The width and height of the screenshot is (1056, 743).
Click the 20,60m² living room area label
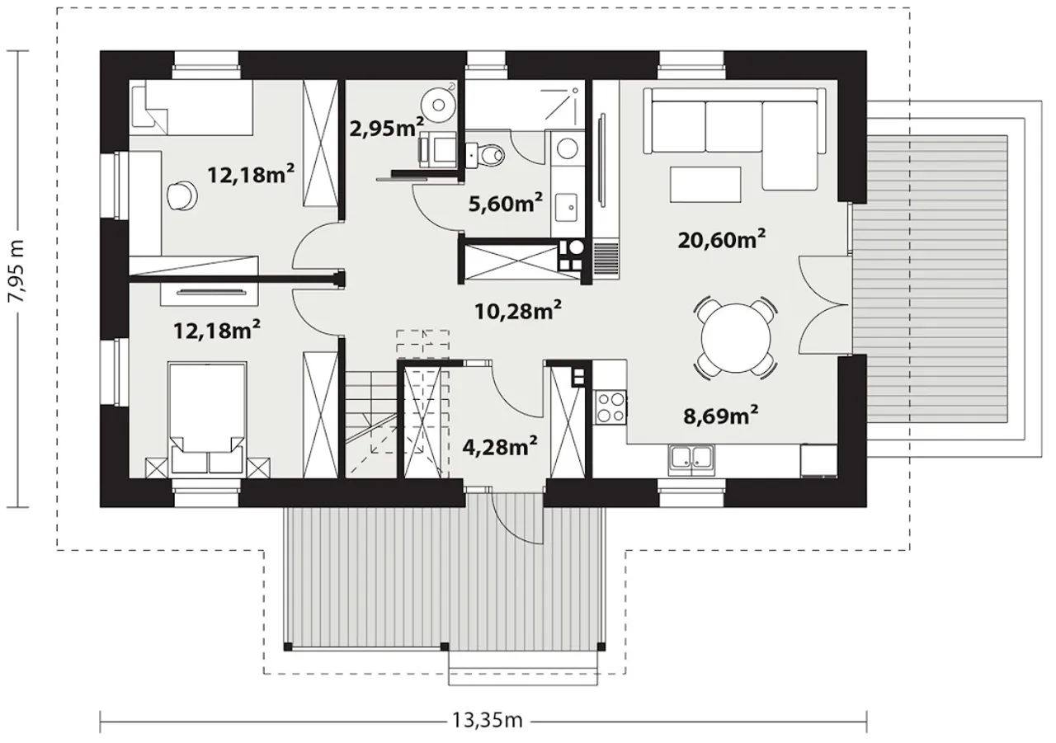(x=721, y=240)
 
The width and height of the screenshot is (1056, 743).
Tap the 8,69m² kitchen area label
(x=721, y=416)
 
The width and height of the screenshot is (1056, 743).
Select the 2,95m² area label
(x=387, y=128)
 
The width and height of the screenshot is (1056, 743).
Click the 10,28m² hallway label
(x=517, y=311)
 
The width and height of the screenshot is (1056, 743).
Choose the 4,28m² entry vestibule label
(x=500, y=446)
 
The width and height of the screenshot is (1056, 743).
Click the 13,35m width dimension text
(x=488, y=720)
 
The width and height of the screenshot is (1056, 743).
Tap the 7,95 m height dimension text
(x=17, y=278)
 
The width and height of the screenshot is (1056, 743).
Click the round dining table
(x=736, y=337)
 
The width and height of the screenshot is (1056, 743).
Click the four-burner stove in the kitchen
(x=610, y=408)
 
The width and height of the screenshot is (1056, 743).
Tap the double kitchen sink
(x=691, y=461)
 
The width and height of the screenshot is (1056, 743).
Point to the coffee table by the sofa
(x=705, y=185)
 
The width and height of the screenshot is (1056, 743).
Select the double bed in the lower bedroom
(x=207, y=417)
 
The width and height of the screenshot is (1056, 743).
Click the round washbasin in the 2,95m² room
(x=438, y=105)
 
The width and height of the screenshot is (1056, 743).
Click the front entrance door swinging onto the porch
(x=517, y=517)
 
